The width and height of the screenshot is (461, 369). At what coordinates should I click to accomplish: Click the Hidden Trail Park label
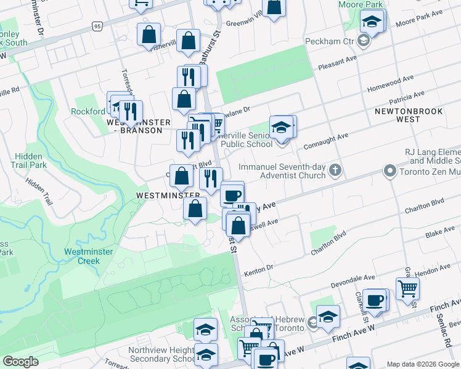click(x=29, y=161)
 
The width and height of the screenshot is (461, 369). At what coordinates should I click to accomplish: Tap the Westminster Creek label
click(x=81, y=256)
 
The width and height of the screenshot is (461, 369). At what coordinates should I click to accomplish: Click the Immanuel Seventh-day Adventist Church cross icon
click(x=335, y=170)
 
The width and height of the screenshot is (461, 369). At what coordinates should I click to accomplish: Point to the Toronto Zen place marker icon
click(x=389, y=170)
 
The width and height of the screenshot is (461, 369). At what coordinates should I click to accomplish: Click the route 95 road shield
click(x=97, y=26)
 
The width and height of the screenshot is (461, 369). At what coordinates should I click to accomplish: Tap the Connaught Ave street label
click(x=326, y=140)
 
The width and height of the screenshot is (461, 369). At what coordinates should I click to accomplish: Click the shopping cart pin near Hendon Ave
click(x=407, y=287)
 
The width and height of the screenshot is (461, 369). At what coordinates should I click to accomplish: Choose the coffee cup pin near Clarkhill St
click(x=374, y=300)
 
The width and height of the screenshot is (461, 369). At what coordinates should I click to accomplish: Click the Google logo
click(x=20, y=362)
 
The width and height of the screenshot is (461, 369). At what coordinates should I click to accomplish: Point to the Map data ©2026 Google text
click(x=423, y=364)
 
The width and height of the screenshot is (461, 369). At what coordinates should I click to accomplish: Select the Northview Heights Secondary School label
click(x=153, y=355)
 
